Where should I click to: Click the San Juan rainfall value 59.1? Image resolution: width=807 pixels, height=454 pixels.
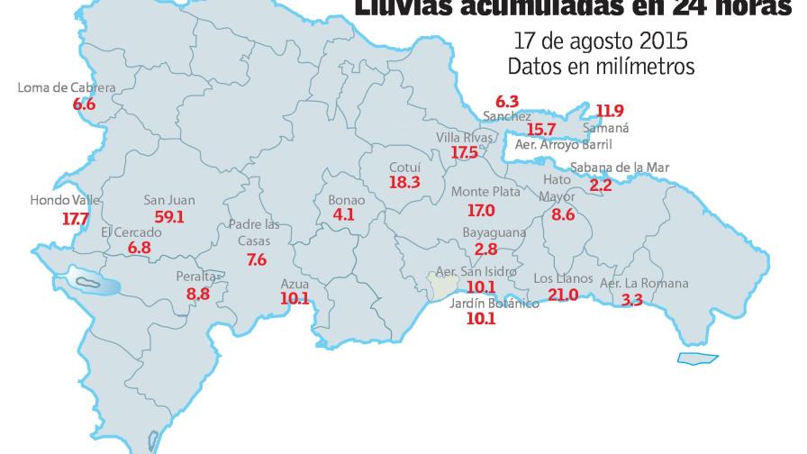click(169, 217)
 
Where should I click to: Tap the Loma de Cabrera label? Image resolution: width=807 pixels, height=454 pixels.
click(68, 88)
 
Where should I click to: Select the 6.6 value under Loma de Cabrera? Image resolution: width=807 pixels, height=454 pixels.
click(84, 104)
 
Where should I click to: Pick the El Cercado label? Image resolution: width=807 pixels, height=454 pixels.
click(131, 232)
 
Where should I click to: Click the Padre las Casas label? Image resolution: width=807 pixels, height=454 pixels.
click(255, 233)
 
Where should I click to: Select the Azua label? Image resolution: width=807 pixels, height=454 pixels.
click(295, 283)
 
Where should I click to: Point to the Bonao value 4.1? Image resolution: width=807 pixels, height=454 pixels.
click(343, 215)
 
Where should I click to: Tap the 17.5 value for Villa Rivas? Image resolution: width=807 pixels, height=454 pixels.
click(464, 153)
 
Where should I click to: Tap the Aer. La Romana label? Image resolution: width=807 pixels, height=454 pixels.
click(643, 284)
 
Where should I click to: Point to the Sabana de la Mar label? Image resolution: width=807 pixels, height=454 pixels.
click(619, 168)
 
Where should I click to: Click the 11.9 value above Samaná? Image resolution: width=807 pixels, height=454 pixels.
click(610, 111)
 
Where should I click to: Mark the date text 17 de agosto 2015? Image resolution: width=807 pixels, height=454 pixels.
click(601, 41)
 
